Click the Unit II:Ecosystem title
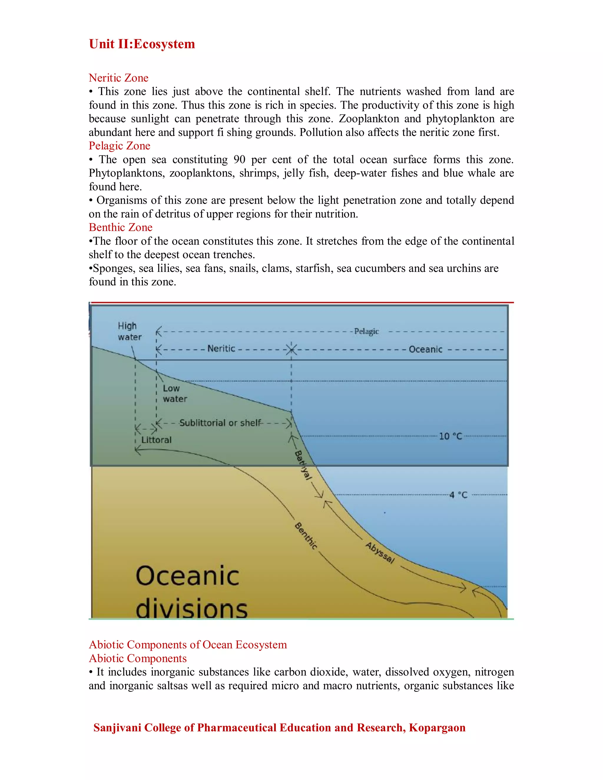(142, 44)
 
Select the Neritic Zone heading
(119, 78)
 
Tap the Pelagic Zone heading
(119, 146)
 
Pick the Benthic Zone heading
(120, 227)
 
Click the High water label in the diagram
(129, 331)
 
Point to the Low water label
(175, 394)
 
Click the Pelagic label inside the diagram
(366, 331)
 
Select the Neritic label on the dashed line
(221, 348)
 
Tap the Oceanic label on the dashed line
(425, 349)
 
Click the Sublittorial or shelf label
(220, 423)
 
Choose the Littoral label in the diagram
(156, 440)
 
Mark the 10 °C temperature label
(450, 436)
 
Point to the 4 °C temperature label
(458, 495)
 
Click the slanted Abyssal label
(380, 553)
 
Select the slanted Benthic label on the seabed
(306, 536)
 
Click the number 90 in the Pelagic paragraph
(239, 159)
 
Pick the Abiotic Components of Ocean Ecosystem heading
(188, 645)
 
